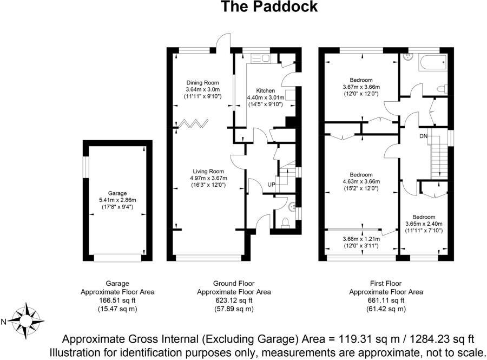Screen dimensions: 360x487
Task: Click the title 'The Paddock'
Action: [x=269, y=7]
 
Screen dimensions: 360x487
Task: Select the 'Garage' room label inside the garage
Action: [x=117, y=193]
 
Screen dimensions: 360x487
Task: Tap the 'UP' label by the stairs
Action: [x=272, y=185]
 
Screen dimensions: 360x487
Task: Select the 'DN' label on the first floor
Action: [x=423, y=136]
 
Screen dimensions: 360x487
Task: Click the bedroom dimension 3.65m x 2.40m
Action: [x=424, y=224]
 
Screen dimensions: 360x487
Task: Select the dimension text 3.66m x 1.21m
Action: [x=361, y=238]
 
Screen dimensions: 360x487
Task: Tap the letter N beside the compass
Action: [x=4, y=322]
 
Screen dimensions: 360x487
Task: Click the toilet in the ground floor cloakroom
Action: [x=287, y=221]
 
